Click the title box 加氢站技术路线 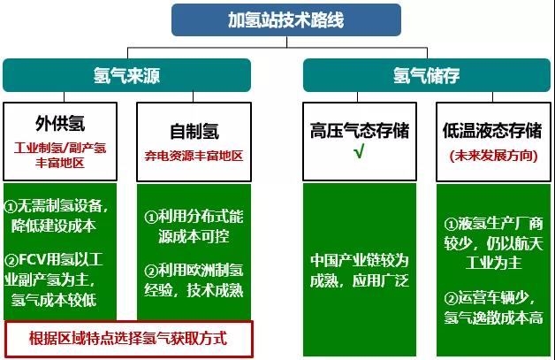(x=286, y=19)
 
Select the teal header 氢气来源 (x=126, y=75)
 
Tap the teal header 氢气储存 (x=427, y=75)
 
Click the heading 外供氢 (x=60, y=123)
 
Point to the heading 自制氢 (x=194, y=131)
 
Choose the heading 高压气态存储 (x=360, y=130)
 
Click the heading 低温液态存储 (x=492, y=130)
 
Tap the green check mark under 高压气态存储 (x=359, y=152)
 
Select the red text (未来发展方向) (x=493, y=156)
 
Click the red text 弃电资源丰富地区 (x=194, y=156)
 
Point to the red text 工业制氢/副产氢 (x=60, y=148)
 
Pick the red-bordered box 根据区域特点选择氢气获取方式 (x=129, y=339)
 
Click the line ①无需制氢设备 (x=56, y=206)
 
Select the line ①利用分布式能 (x=194, y=217)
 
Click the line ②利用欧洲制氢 (x=194, y=271)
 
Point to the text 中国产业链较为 (x=360, y=260)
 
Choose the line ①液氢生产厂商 (x=493, y=224)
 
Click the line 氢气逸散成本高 (x=493, y=318)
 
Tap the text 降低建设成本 (x=54, y=226)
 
